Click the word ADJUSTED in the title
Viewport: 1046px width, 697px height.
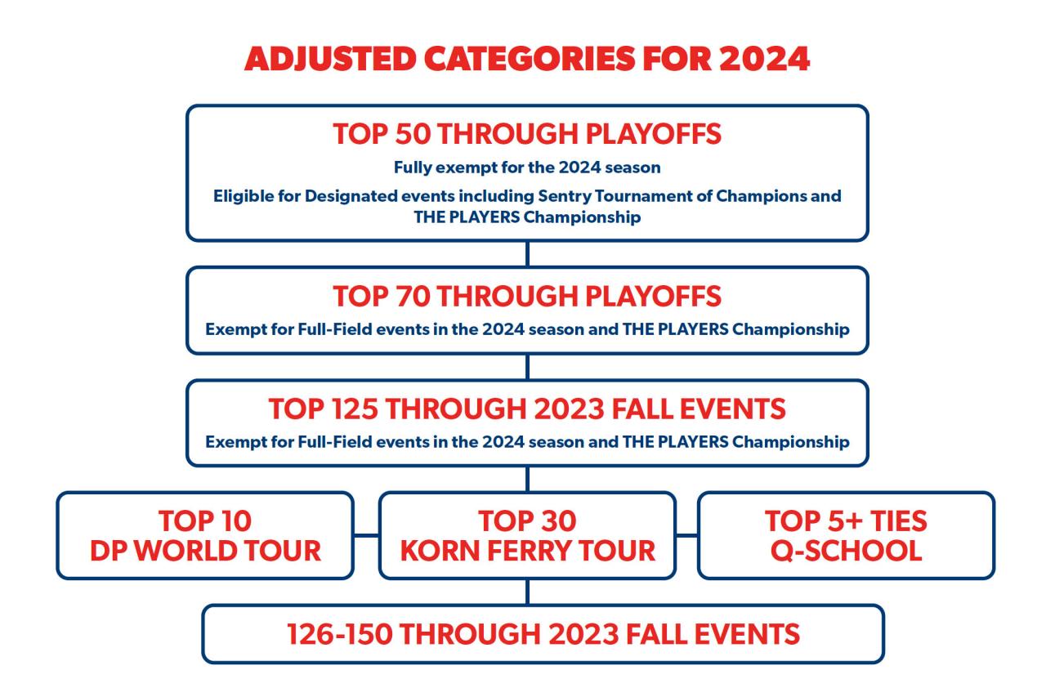pyautogui.click(x=330, y=60)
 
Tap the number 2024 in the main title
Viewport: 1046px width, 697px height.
pyautogui.click(x=764, y=60)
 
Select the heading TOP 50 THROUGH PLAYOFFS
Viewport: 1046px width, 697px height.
pyautogui.click(x=527, y=134)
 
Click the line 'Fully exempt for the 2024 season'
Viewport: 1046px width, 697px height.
pyautogui.click(x=527, y=168)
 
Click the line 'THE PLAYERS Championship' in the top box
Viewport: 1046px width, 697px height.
pyautogui.click(x=527, y=217)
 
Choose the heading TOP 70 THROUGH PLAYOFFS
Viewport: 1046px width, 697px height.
pyautogui.click(x=527, y=296)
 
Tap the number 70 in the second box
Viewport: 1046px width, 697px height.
pyautogui.click(x=413, y=296)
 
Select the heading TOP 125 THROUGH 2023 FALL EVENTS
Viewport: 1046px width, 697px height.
pyautogui.click(x=527, y=409)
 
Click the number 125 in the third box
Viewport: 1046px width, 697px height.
pyautogui.click(x=355, y=409)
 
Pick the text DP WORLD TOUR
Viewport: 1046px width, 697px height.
pyautogui.click(x=205, y=551)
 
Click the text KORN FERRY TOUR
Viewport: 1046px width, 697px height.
pyautogui.click(x=528, y=551)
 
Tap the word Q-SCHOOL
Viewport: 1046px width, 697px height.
pyautogui.click(x=846, y=551)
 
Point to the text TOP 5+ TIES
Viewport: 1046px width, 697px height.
pyautogui.click(x=846, y=521)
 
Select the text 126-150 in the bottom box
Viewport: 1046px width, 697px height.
pyautogui.click(x=339, y=634)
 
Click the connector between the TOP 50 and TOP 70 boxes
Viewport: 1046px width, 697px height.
pyautogui.click(x=527, y=254)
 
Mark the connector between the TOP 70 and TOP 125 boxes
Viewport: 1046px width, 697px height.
pyautogui.click(x=527, y=367)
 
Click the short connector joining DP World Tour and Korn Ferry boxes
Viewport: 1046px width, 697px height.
pyautogui.click(x=366, y=535)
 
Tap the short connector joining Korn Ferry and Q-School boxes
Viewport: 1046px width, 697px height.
pyautogui.click(x=687, y=535)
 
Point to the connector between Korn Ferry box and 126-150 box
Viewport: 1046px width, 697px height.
pyautogui.click(x=527, y=592)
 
